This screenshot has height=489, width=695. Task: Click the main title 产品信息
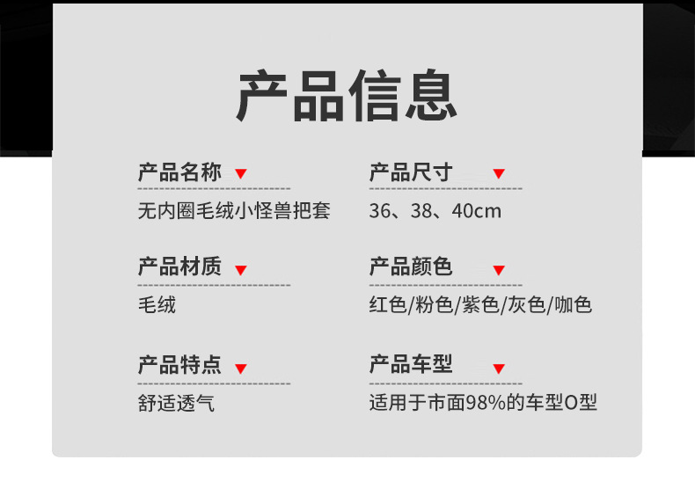pyautogui.click(x=347, y=96)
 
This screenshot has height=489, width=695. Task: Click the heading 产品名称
pyautogui.click(x=179, y=172)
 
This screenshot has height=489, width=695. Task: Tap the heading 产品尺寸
pyautogui.click(x=410, y=172)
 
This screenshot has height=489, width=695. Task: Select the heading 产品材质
pyautogui.click(x=179, y=267)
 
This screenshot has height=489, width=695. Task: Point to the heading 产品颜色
pyautogui.click(x=410, y=267)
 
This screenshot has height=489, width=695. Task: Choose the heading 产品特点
pyautogui.click(x=179, y=365)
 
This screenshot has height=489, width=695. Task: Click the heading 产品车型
pyautogui.click(x=410, y=365)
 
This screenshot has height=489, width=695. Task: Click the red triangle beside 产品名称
pyautogui.click(x=241, y=174)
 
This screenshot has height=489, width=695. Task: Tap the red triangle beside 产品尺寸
pyautogui.click(x=499, y=174)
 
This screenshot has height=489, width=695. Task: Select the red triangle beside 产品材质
pyautogui.click(x=241, y=270)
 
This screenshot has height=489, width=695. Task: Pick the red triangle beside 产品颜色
pyautogui.click(x=499, y=270)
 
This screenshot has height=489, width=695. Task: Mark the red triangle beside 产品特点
pyautogui.click(x=241, y=369)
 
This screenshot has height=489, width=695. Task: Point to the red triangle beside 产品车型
pyautogui.click(x=499, y=369)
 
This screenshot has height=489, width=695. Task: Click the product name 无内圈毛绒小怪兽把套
pyautogui.click(x=234, y=212)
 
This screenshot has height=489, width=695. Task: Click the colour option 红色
pyautogui.click(x=388, y=306)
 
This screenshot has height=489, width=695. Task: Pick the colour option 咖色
pyautogui.click(x=574, y=306)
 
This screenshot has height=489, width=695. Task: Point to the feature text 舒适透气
pyautogui.click(x=176, y=404)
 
